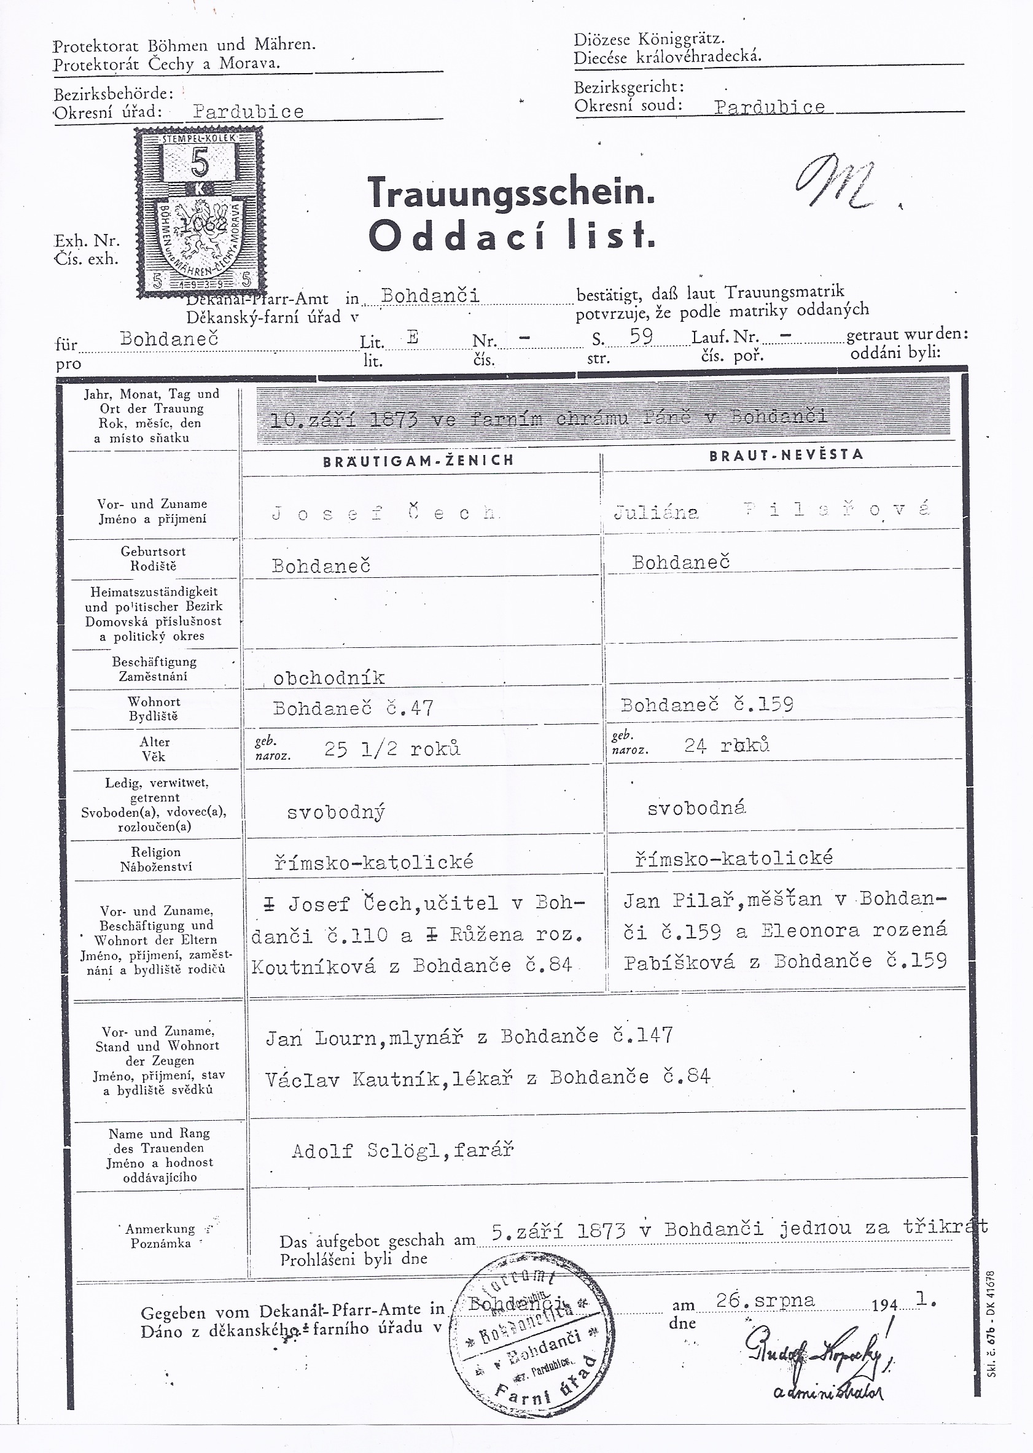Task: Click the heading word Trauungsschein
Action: click(x=511, y=192)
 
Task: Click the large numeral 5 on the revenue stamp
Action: click(x=199, y=163)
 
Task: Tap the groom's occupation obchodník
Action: click(x=329, y=678)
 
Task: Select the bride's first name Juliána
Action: click(x=656, y=513)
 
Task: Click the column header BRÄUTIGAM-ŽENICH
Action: click(x=418, y=461)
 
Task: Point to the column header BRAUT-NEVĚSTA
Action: click(x=786, y=454)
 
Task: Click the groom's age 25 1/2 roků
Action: click(x=392, y=749)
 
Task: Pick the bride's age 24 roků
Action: click(x=727, y=745)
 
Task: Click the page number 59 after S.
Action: click(x=641, y=337)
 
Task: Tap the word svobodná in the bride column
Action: click(x=696, y=808)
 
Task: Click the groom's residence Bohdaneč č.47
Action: click(x=353, y=708)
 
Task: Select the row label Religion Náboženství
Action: click(x=156, y=859)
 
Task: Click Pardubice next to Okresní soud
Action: click(x=769, y=107)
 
